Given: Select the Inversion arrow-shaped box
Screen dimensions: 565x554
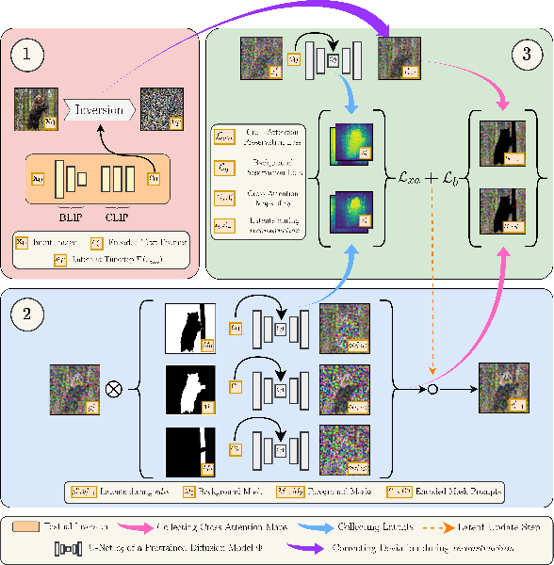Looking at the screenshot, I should coord(98,109).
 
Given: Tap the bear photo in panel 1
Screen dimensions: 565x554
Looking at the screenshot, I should coord(36,108).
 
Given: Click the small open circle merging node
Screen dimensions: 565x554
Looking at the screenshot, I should coord(432,387).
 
